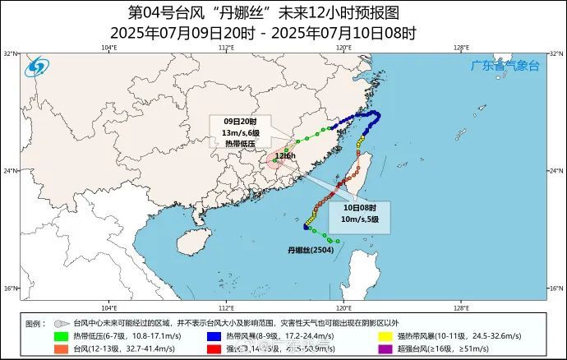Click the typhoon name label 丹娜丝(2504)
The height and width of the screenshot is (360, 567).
310,248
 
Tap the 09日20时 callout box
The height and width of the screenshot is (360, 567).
242,132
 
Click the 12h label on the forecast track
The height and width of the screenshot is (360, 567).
285,155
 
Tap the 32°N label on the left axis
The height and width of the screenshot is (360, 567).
11,53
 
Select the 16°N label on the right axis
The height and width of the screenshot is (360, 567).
555,288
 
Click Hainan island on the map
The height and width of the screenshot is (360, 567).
191,239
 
